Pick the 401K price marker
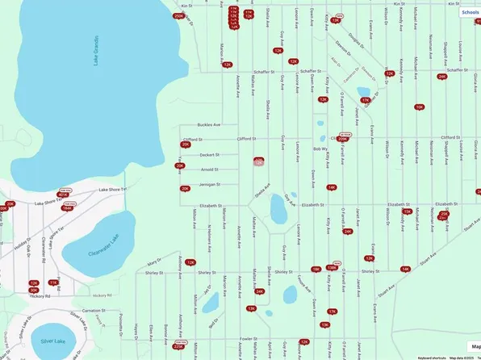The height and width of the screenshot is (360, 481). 63,195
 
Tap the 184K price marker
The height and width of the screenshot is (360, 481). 67,207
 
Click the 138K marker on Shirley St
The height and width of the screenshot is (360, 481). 331,267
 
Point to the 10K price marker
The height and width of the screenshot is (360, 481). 419,107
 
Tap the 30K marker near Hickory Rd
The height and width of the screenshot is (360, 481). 34,290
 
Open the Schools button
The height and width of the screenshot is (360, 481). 470,13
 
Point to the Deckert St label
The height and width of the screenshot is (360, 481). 210,154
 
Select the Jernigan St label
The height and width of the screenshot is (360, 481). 209,185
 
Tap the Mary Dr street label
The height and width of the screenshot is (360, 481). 154,262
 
